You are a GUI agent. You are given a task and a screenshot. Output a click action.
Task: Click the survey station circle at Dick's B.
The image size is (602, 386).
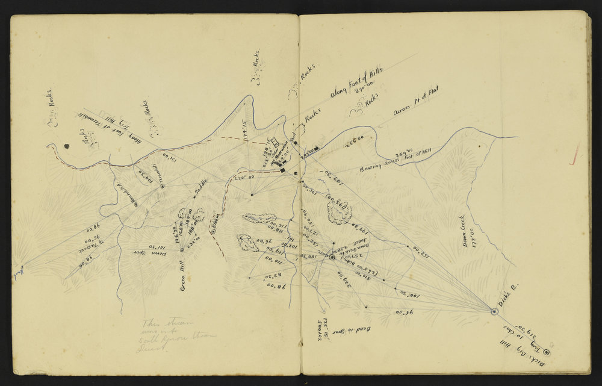click(x=494, y=312)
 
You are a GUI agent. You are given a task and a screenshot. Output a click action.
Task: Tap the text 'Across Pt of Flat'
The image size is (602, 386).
click(x=416, y=99)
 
